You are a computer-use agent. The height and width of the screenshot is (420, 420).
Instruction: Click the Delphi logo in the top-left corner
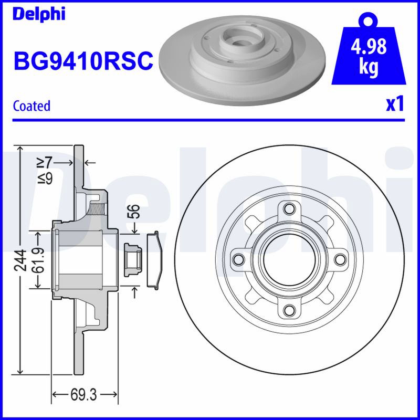pos(39,14)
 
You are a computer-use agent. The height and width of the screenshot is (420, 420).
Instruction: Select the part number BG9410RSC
pos(83,60)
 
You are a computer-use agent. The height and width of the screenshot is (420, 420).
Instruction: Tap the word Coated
pos(31,106)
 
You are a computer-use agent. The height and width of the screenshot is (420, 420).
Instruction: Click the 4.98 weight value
pos(369,46)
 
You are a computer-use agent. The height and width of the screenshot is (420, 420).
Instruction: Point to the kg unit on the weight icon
pos(369,67)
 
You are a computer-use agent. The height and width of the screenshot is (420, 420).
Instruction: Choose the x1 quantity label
pos(395,104)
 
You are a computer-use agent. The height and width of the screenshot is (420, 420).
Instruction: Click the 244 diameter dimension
pos(20,260)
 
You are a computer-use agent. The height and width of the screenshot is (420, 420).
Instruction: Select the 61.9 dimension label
pos(38,260)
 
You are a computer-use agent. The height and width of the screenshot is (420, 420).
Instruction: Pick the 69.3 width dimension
pos(83,395)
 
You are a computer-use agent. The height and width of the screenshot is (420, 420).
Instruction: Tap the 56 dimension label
pos(134,212)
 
